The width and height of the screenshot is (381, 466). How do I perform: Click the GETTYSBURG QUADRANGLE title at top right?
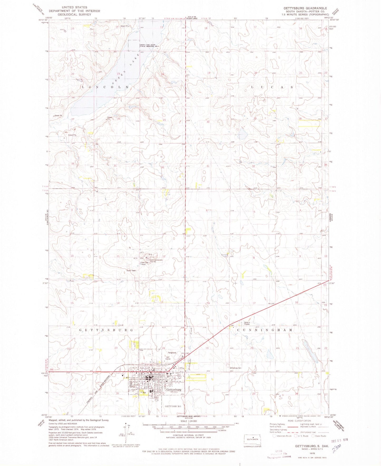[305, 8]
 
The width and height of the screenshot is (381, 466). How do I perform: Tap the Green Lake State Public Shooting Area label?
[149, 45]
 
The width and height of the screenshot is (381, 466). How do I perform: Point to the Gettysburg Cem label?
[235, 368]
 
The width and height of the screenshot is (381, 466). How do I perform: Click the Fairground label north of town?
[172, 353]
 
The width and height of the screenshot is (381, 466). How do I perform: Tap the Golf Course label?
[168, 358]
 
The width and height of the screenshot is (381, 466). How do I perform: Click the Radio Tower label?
[131, 271]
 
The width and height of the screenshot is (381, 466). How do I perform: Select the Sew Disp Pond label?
[145, 263]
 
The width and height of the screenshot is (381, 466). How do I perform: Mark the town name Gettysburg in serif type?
[173, 390]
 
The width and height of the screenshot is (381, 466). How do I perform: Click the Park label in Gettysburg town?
[144, 393]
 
